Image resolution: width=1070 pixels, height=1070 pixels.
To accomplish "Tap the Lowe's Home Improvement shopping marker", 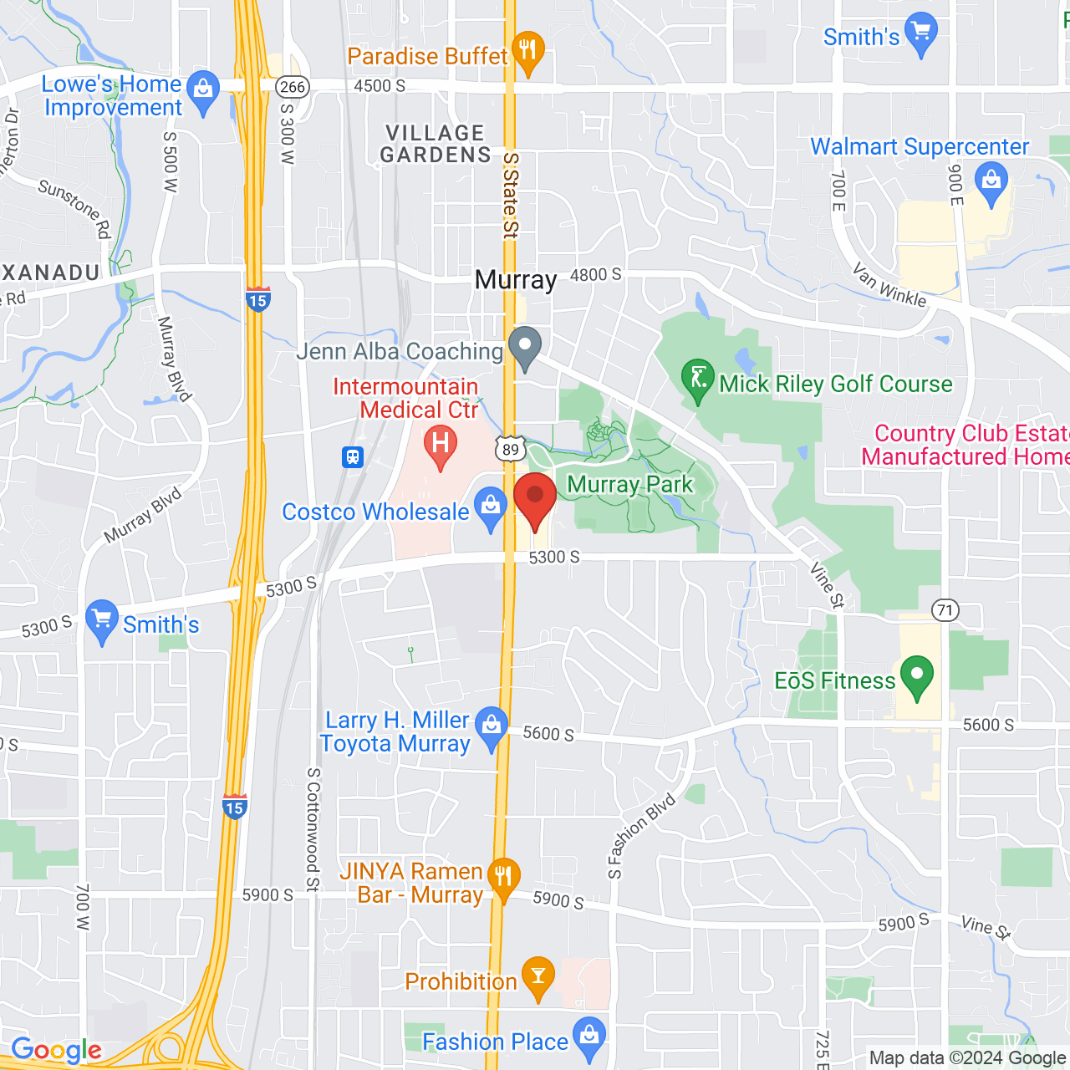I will [x=203, y=90].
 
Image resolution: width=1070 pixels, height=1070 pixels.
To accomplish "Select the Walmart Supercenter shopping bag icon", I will [x=991, y=182].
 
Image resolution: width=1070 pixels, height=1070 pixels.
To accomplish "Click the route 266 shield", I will [x=293, y=87].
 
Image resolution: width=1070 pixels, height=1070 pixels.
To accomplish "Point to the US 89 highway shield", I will [x=510, y=449].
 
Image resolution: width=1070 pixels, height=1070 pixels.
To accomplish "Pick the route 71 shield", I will [x=945, y=610].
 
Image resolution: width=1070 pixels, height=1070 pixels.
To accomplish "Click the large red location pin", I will [x=535, y=497].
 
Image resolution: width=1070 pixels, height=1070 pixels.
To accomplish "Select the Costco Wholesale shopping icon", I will [x=491, y=507].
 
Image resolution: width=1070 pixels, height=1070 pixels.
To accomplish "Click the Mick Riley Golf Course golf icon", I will [x=697, y=378].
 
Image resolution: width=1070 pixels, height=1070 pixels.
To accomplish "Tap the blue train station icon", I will [x=354, y=457].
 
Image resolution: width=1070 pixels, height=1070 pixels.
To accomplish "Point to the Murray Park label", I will [x=629, y=485].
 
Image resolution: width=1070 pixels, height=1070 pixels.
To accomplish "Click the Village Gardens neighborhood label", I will [x=436, y=144].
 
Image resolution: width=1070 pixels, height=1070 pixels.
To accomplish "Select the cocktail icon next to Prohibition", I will [x=538, y=976].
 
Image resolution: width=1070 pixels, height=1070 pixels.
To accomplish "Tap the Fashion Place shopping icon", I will [x=589, y=1037].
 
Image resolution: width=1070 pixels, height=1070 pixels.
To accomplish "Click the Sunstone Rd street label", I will [x=75, y=207].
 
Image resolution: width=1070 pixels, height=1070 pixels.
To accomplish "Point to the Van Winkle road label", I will [x=889, y=285].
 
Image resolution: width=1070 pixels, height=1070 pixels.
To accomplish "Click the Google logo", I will [x=56, y=1050].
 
